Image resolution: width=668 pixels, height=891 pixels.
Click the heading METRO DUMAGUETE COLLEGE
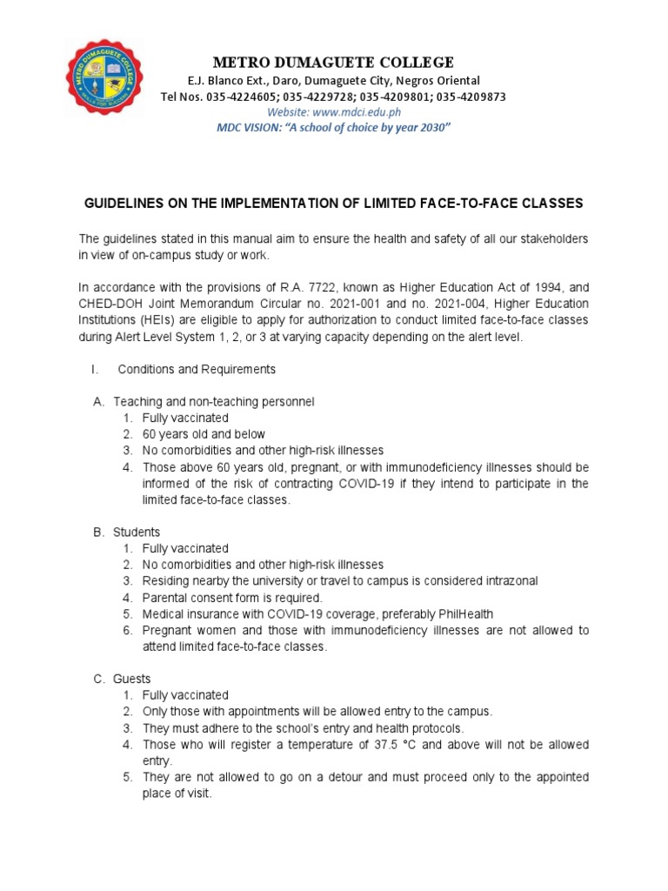coord(334,62)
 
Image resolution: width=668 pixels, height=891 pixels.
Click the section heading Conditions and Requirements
coord(197,369)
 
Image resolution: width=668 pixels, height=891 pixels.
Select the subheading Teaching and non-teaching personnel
coord(214,402)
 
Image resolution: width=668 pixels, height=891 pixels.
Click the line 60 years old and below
coord(204,434)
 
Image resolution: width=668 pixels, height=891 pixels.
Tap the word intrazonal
coord(505,580)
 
